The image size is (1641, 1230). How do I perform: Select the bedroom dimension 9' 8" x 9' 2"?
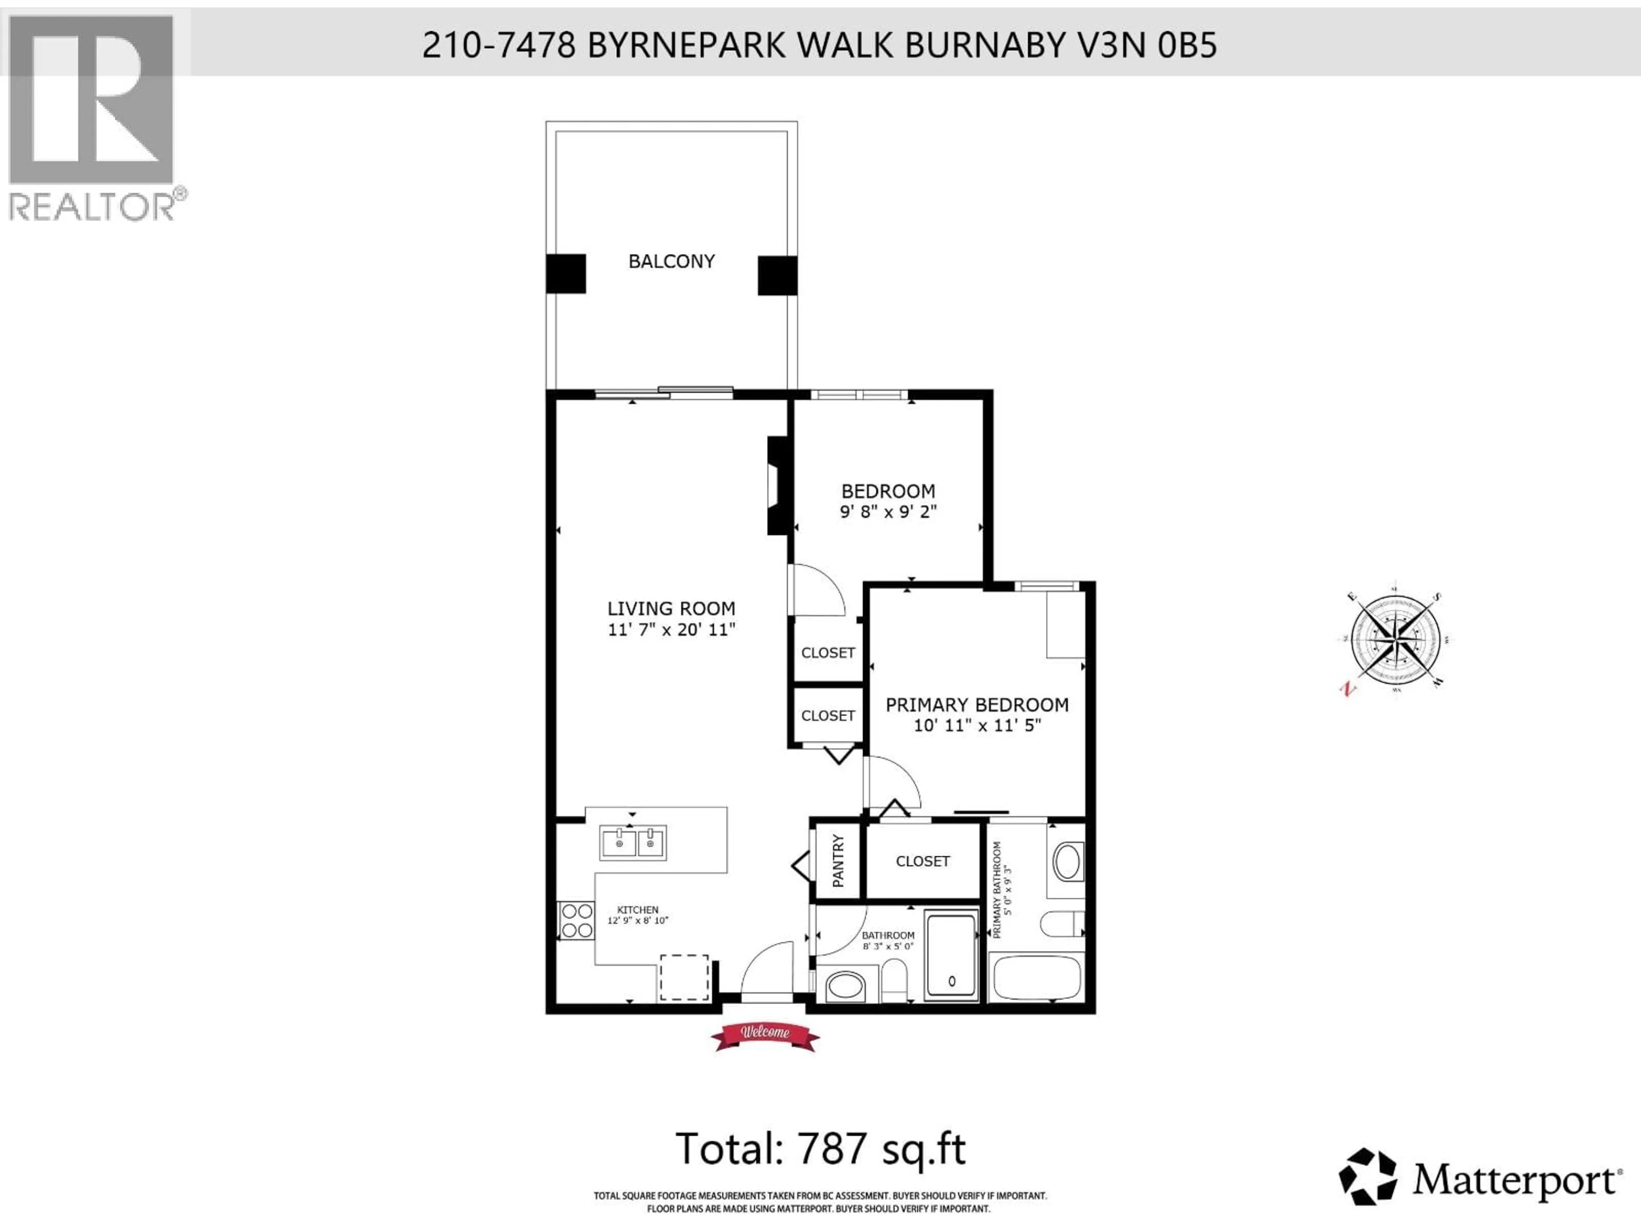(888, 512)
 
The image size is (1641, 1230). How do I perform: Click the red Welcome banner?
(765, 1033)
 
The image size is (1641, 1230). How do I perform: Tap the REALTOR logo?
(93, 119)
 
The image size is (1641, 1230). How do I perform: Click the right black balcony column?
(777, 275)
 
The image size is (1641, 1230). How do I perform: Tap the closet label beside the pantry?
(922, 861)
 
